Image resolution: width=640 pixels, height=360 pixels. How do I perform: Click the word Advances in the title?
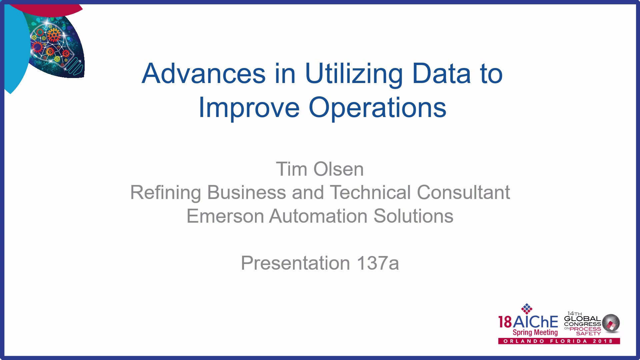(204, 73)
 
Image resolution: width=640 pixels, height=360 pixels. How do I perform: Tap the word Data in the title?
(441, 73)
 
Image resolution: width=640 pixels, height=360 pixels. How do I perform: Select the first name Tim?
(291, 169)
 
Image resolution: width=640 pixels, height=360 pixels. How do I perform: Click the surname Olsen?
(339, 169)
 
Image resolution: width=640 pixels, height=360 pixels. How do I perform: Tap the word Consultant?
(463, 192)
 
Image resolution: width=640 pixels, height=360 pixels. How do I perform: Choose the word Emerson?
(225, 216)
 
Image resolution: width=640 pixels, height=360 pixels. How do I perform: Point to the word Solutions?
(413, 216)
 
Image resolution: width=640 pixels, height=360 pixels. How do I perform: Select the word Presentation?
(295, 263)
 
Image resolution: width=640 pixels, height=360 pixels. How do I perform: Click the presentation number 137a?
(378, 263)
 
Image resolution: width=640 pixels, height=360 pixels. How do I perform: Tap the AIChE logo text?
(536, 322)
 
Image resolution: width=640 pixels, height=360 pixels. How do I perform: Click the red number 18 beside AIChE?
(505, 322)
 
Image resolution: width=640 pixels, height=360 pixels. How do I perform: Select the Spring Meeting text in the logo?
(535, 332)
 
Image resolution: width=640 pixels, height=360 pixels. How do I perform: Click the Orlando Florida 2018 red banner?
(559, 341)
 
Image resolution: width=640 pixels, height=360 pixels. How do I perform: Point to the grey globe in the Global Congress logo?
(611, 323)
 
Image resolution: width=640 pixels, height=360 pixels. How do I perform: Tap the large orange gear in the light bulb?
(53, 34)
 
